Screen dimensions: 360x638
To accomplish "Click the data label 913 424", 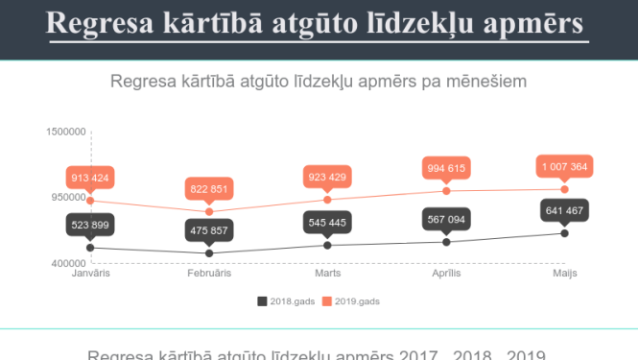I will click(90, 178).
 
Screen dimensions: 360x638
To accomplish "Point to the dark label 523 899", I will click(90, 225).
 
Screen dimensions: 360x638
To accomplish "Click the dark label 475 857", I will click(209, 230).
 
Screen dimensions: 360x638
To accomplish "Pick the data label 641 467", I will click(565, 210).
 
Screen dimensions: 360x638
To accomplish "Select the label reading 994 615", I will click(446, 169).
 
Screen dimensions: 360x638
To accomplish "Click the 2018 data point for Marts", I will click(328, 245).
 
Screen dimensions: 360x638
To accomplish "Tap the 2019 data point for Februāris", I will click(209, 211).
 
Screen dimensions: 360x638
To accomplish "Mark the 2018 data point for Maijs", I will click(565, 233).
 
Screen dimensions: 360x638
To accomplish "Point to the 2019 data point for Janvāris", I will click(90, 201).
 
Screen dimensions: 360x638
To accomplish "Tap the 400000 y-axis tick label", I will click(67, 263).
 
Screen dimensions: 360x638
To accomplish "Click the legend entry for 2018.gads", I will click(286, 301).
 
